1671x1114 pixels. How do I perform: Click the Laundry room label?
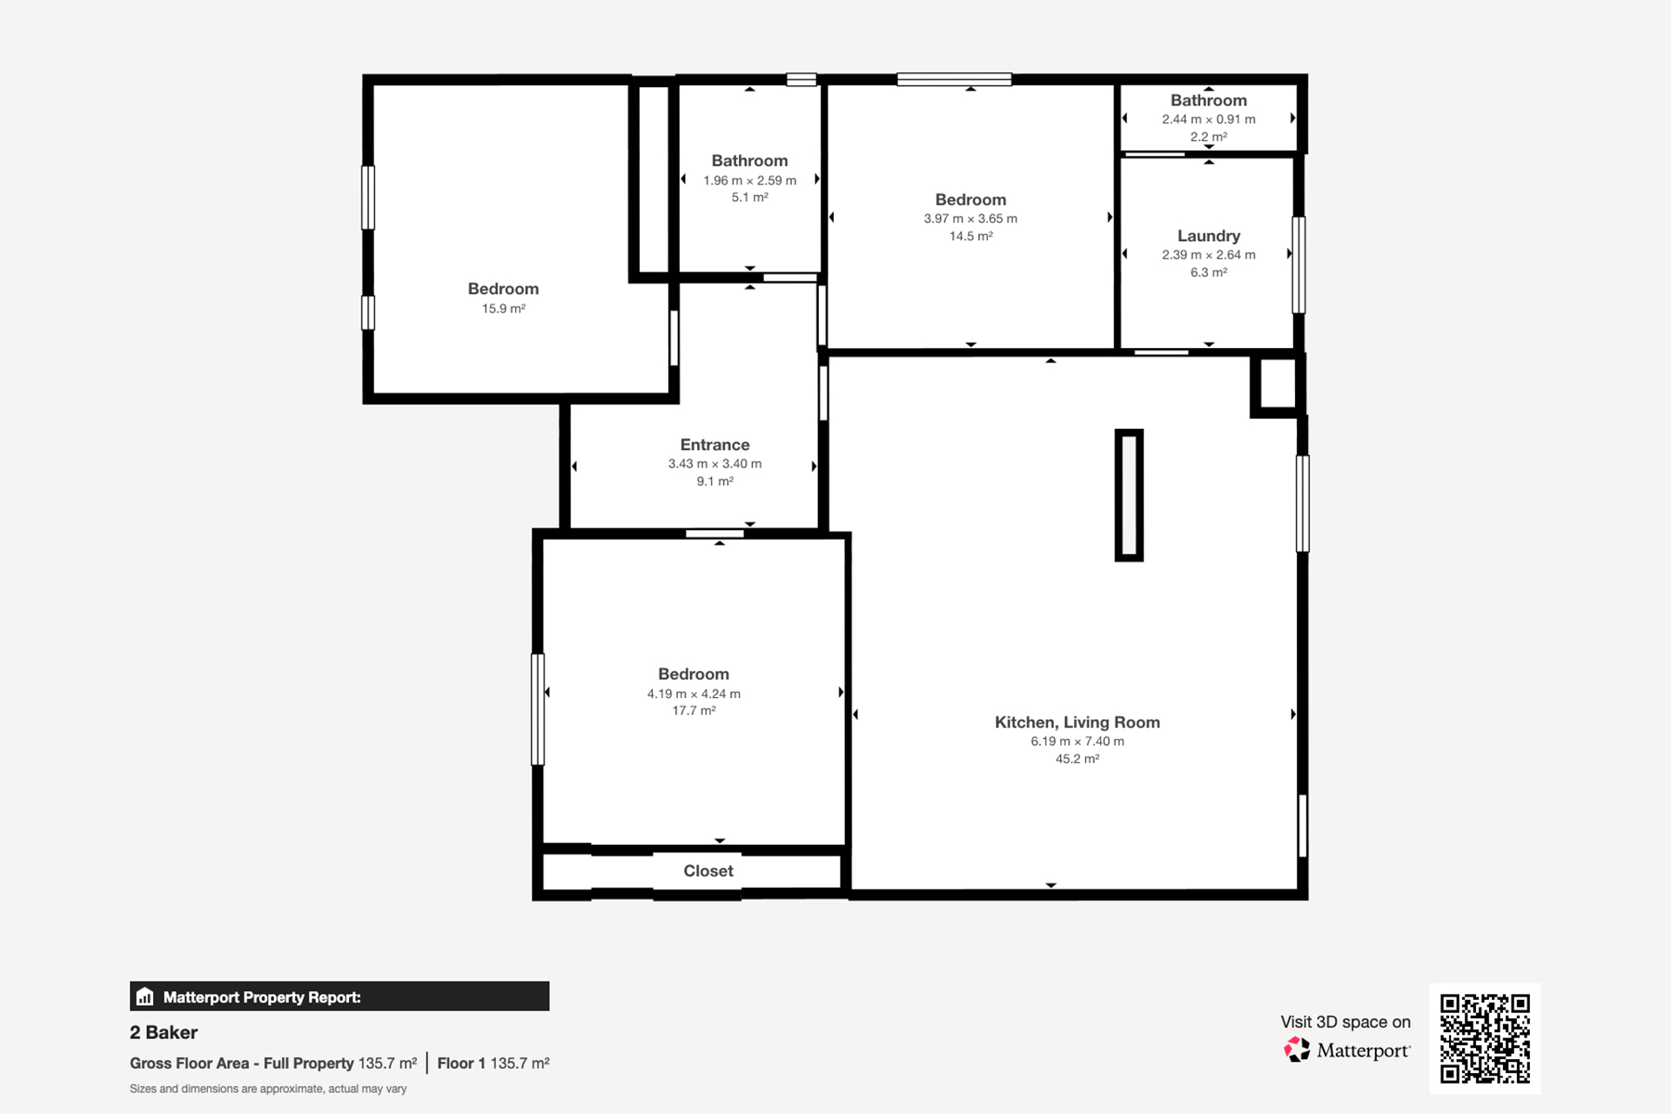point(1208,236)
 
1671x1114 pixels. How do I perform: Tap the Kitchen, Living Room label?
point(1077,722)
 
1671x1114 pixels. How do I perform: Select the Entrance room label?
point(715,445)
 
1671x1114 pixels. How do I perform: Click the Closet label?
point(708,871)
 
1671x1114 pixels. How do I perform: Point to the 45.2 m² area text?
point(1077,759)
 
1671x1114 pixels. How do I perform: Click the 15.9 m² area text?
point(503,309)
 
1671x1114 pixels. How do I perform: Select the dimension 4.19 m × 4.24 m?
point(694,694)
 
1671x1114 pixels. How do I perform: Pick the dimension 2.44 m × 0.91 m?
point(1208,119)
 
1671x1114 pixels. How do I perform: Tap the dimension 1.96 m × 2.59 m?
point(749,180)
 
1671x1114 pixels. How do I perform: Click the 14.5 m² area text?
point(970,237)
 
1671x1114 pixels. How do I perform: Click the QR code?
point(1485,1038)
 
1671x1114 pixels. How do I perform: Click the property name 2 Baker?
point(164,1032)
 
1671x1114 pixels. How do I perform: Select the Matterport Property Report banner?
point(339,997)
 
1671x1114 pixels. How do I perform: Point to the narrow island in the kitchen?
point(1129,495)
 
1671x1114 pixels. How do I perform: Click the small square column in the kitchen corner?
point(1277,384)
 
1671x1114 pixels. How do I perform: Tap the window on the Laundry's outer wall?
point(1299,265)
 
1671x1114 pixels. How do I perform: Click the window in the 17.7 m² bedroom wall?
point(538,709)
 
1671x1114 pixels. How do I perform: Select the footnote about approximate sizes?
point(268,1089)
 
